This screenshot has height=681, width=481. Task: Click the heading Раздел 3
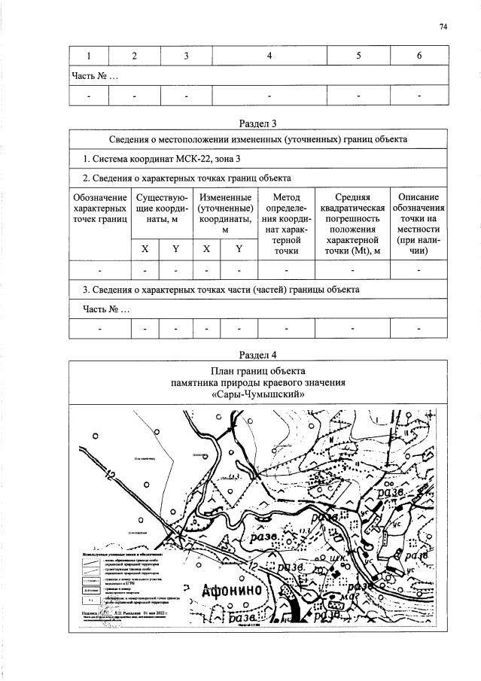coord(259,123)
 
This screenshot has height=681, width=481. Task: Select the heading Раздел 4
coord(259,354)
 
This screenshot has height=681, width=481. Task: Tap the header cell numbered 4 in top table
coord(269,56)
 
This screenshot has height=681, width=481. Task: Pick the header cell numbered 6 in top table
coord(419,56)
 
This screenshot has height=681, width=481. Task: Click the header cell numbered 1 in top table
coord(88,56)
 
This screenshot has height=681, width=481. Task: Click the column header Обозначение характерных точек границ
coord(99,208)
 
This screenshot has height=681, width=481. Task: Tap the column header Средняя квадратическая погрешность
coord(352,223)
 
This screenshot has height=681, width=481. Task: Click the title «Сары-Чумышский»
coord(258,394)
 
